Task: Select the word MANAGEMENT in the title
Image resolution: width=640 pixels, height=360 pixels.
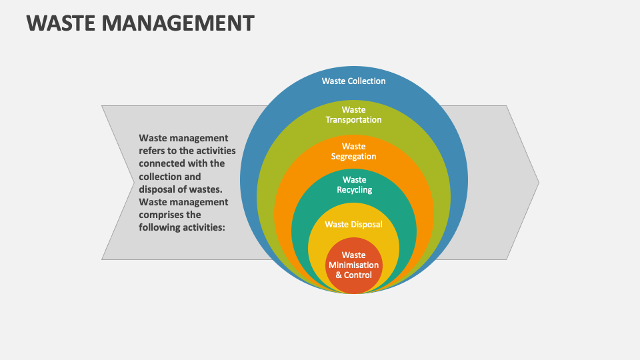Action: click(x=178, y=23)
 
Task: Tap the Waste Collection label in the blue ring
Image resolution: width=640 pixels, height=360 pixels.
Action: click(x=353, y=81)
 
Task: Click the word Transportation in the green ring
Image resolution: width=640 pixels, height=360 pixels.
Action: click(x=353, y=119)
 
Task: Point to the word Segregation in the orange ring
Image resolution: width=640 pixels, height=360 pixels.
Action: click(x=353, y=156)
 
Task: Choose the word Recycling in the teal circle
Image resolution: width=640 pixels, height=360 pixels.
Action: click(x=354, y=190)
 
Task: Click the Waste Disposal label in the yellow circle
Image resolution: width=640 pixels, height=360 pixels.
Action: click(x=353, y=224)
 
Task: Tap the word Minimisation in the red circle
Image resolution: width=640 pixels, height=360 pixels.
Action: click(x=353, y=265)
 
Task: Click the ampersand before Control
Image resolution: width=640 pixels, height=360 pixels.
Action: click(x=339, y=275)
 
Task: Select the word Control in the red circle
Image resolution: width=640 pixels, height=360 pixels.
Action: click(x=358, y=275)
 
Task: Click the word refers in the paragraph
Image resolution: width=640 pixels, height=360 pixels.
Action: click(x=151, y=151)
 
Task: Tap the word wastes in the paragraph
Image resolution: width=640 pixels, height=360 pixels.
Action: click(x=207, y=189)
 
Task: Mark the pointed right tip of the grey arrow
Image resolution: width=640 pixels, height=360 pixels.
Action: click(x=539, y=183)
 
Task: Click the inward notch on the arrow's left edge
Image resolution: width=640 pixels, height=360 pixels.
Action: click(x=134, y=183)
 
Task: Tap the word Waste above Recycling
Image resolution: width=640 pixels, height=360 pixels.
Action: click(x=354, y=179)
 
